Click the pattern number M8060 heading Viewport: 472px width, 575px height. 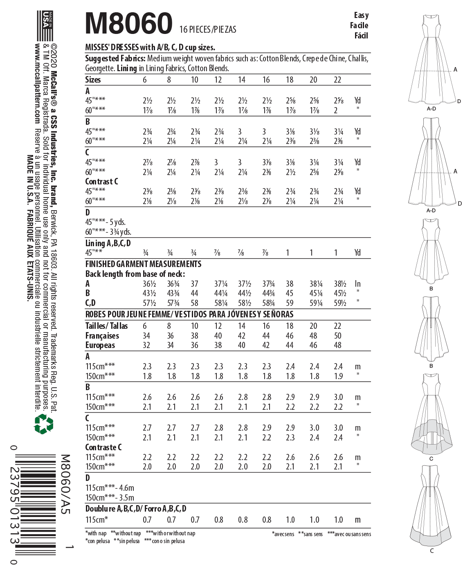[128, 23]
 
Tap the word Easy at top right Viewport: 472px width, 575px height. [361, 16]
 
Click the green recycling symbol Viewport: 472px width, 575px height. [43, 424]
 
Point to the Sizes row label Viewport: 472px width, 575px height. [93, 80]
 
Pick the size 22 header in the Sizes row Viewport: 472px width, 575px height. [337, 80]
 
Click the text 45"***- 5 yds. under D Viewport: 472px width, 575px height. [106, 222]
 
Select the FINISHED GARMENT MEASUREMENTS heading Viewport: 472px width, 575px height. [143, 264]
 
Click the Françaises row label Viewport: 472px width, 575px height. [102, 336]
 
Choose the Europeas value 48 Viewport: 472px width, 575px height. [337, 345]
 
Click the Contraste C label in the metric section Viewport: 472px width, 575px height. [103, 447]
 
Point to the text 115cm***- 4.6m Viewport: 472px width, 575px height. [110, 488]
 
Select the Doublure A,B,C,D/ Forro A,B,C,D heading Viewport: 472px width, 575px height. [136, 509]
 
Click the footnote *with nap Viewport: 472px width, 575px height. [96, 533]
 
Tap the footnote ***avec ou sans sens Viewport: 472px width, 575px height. [349, 534]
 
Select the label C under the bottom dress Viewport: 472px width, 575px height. [432, 551]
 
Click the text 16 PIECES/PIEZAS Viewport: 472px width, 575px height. [208, 29]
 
